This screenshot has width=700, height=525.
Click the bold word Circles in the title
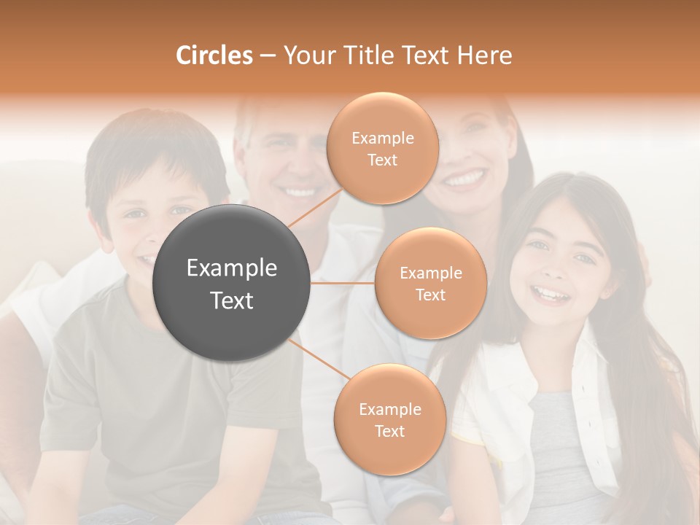tap(214, 55)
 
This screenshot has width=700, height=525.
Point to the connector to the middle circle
tap(343, 283)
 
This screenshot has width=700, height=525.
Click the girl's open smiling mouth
tap(550, 294)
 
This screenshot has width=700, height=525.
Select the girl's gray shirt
tap(561, 445)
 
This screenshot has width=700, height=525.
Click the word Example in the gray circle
tap(232, 268)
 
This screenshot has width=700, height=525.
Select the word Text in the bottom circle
tap(389, 431)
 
